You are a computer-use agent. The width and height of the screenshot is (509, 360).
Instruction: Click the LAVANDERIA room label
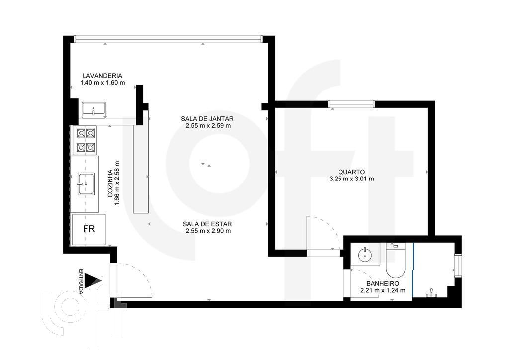click(x=102, y=76)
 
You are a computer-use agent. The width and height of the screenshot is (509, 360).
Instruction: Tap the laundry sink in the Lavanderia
click(x=93, y=109)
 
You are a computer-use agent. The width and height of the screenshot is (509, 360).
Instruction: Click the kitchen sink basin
click(x=85, y=183)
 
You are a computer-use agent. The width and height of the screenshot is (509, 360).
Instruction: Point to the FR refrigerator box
click(x=89, y=229)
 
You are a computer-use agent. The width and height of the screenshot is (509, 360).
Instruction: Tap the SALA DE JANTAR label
click(x=207, y=119)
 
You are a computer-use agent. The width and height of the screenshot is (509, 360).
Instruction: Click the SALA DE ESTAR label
click(x=207, y=224)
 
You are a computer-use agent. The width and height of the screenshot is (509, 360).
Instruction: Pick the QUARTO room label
click(x=351, y=172)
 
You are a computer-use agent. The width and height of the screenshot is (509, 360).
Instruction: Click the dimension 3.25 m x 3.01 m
click(x=351, y=179)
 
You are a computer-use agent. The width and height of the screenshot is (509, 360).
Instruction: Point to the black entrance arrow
click(x=92, y=282)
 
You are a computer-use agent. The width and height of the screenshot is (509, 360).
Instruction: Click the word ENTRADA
click(x=81, y=281)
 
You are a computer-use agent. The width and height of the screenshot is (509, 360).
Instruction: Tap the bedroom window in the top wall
click(x=351, y=104)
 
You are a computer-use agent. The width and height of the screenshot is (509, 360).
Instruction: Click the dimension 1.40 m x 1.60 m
click(x=102, y=83)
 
